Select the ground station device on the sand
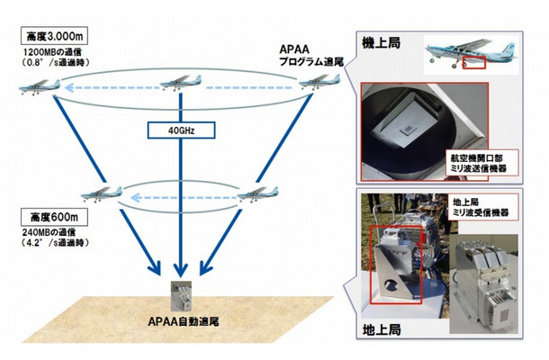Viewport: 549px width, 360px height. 179,295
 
